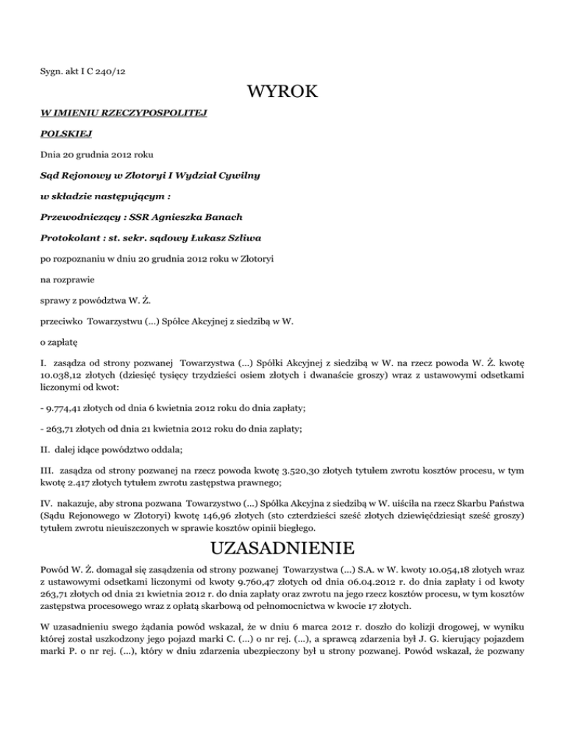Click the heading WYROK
coord(282,92)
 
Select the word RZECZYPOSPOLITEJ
coord(154,115)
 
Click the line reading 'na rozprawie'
coord(68,280)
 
